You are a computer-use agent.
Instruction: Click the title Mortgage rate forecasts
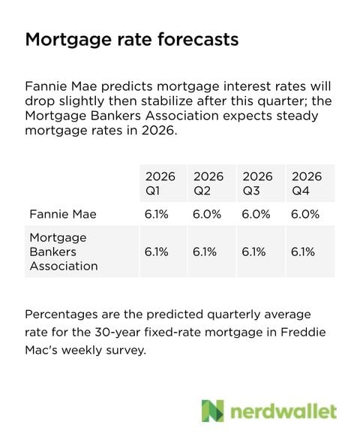pos(131,39)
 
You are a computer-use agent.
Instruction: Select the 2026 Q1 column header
pos(160,183)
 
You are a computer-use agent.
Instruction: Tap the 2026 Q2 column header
pos(208,183)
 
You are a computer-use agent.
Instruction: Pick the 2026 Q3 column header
pos(257,183)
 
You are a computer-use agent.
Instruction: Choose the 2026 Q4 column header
pos(306,183)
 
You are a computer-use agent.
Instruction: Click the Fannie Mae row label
pos(64,214)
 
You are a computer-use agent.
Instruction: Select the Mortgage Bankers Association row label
pos(64,252)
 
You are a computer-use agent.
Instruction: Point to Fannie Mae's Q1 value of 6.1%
pos(157,214)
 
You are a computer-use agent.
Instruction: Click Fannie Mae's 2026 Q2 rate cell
pos(208,214)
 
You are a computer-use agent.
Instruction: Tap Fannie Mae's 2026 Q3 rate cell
pos(256,214)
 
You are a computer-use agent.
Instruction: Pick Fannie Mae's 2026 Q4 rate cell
pos(305,214)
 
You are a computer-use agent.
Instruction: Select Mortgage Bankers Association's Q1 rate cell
pos(157,252)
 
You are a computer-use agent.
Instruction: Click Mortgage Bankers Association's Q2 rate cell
pos(205,252)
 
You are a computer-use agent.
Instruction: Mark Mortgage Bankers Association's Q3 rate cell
pos(254,252)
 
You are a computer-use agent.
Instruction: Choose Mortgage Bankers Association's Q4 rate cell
pos(303,252)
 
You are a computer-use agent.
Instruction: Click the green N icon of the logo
pos(213,411)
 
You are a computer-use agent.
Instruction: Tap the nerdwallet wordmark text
pos(283,411)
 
